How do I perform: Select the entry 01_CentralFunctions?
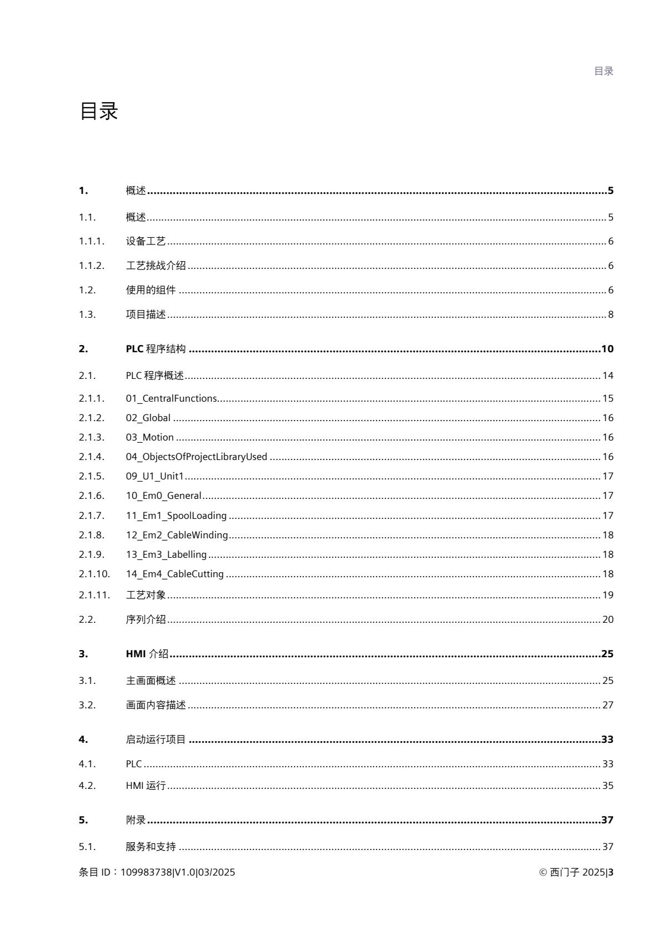pyautogui.click(x=171, y=398)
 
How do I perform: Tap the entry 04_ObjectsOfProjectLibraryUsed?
pyautogui.click(x=196, y=457)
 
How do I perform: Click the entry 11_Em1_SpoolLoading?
pyautogui.click(x=176, y=516)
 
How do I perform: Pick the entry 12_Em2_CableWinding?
pyautogui.click(x=177, y=535)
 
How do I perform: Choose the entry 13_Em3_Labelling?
pyautogui.click(x=166, y=554)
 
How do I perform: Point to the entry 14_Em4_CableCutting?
pyautogui.click(x=174, y=574)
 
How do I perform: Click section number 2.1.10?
pyautogui.click(x=94, y=574)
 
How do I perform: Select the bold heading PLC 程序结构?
pyautogui.click(x=156, y=349)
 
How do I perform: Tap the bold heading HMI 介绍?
pyautogui.click(x=147, y=654)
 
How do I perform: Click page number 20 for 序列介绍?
pyautogui.click(x=608, y=619)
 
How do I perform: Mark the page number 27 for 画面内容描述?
pyautogui.click(x=608, y=705)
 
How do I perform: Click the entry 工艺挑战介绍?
pyautogui.click(x=156, y=266)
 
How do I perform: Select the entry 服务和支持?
pyautogui.click(x=151, y=847)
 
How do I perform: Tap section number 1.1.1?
pyautogui.click(x=91, y=241)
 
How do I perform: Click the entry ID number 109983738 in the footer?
pyautogui.click(x=147, y=872)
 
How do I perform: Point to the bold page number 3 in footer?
pyautogui.click(x=611, y=872)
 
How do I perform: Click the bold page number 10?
pyautogui.click(x=607, y=349)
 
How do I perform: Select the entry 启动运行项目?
pyautogui.click(x=156, y=739)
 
